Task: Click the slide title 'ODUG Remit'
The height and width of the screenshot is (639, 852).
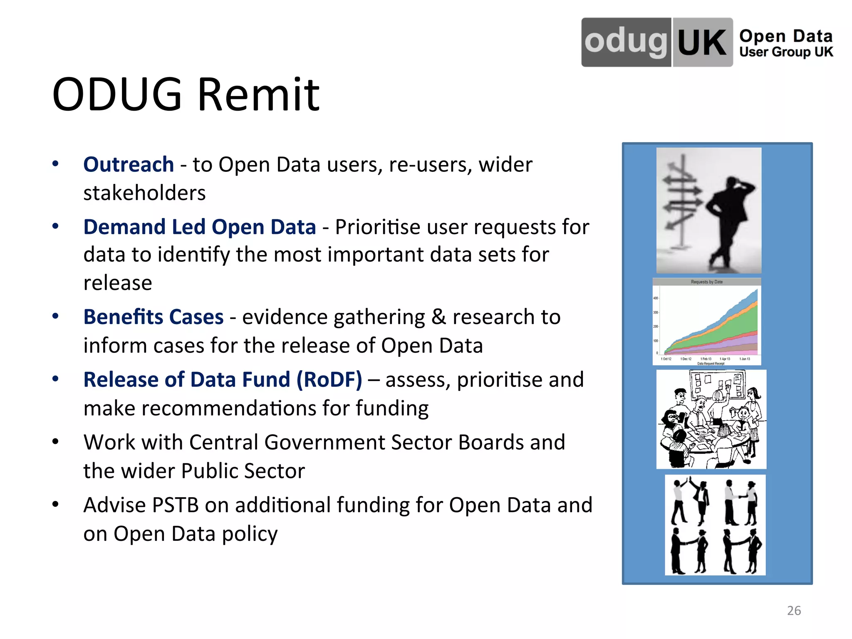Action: [186, 94]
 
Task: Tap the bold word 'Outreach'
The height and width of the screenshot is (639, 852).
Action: [128, 164]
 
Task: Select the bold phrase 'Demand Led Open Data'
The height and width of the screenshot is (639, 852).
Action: [199, 227]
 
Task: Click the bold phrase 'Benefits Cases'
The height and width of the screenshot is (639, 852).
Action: [153, 317]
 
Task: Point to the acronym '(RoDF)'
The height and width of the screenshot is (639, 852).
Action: [329, 380]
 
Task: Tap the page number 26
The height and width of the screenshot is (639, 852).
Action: [794, 610]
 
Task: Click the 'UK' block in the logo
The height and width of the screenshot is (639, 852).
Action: [702, 42]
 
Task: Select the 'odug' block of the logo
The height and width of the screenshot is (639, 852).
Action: [626, 42]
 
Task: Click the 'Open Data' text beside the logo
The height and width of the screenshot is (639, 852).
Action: [785, 36]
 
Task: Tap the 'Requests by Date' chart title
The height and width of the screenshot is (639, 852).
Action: [706, 282]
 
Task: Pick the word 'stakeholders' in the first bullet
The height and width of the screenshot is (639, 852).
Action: [144, 193]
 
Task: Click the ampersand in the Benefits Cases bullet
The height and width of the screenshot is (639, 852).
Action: [438, 317]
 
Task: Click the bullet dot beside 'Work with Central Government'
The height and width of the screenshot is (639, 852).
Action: [55, 442]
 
